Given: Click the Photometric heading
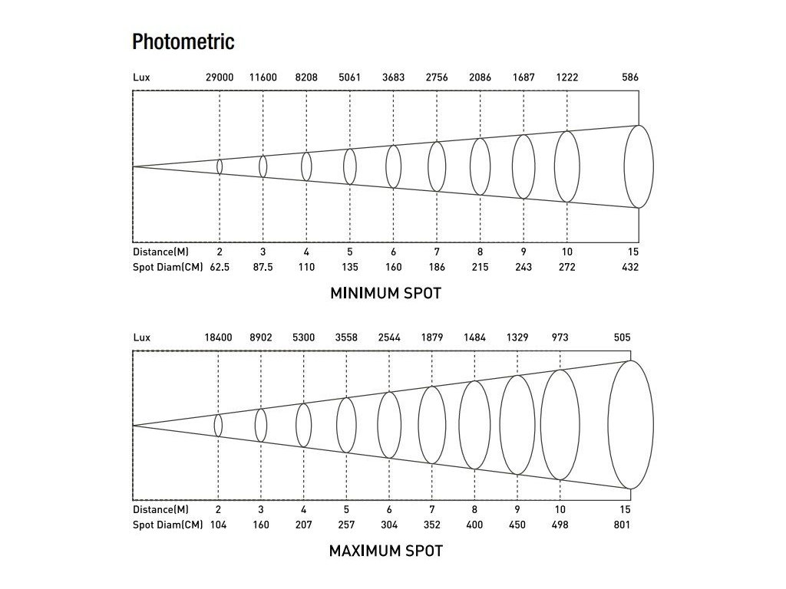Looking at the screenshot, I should point(183,41).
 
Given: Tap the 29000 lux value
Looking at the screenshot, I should point(220,77).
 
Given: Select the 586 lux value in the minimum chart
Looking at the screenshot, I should point(630,77).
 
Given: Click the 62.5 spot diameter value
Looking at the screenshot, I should point(220,267).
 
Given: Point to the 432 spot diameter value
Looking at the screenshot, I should point(630,267).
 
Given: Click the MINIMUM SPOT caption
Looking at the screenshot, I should point(385,293).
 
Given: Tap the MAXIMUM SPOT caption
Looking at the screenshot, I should point(385,551).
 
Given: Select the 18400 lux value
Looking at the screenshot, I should point(218,337).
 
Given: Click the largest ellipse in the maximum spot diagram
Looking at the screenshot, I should point(630,424).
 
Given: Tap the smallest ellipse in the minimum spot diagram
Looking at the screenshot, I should point(220,166).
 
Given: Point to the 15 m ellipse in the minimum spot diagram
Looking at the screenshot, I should point(639,166).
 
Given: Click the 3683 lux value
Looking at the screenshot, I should point(393,77).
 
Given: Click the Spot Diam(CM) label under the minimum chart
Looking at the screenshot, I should point(167,267).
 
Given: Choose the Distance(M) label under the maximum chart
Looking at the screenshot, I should point(160,509).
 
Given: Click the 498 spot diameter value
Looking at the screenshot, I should point(560,525).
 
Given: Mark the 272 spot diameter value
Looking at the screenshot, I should point(567,267).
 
